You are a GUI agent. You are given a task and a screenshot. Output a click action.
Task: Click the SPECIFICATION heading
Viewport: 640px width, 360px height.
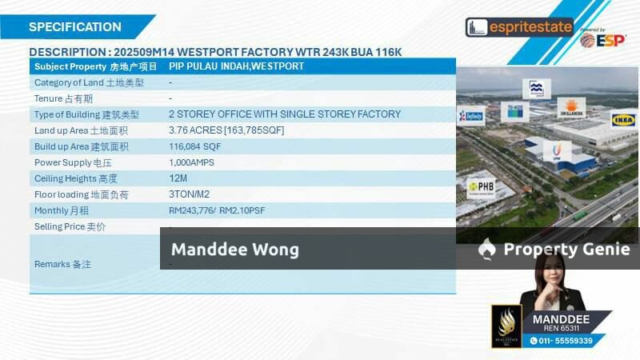[x=75, y=26]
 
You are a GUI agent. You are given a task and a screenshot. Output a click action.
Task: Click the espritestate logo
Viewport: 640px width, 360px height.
[x=519, y=27]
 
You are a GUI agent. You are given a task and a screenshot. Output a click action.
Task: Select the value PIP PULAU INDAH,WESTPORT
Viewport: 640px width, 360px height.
[x=236, y=66]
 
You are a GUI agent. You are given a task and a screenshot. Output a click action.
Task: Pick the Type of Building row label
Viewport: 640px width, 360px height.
[x=86, y=114]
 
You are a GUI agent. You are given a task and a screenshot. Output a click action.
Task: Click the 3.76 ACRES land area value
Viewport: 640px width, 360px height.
[x=226, y=130]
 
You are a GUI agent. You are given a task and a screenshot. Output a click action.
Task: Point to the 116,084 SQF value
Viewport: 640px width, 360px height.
[x=194, y=146]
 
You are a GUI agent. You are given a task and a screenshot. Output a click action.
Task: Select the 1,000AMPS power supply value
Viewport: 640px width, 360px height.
[x=192, y=162]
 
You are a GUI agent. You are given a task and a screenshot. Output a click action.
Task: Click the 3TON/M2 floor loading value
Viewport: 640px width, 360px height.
[x=191, y=194]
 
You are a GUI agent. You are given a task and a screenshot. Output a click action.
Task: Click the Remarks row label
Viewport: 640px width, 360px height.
[x=62, y=263]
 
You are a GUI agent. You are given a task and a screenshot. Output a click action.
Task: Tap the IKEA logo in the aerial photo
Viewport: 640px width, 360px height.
[x=623, y=120]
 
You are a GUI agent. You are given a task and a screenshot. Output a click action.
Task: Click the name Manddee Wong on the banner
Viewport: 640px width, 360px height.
[x=234, y=250]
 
